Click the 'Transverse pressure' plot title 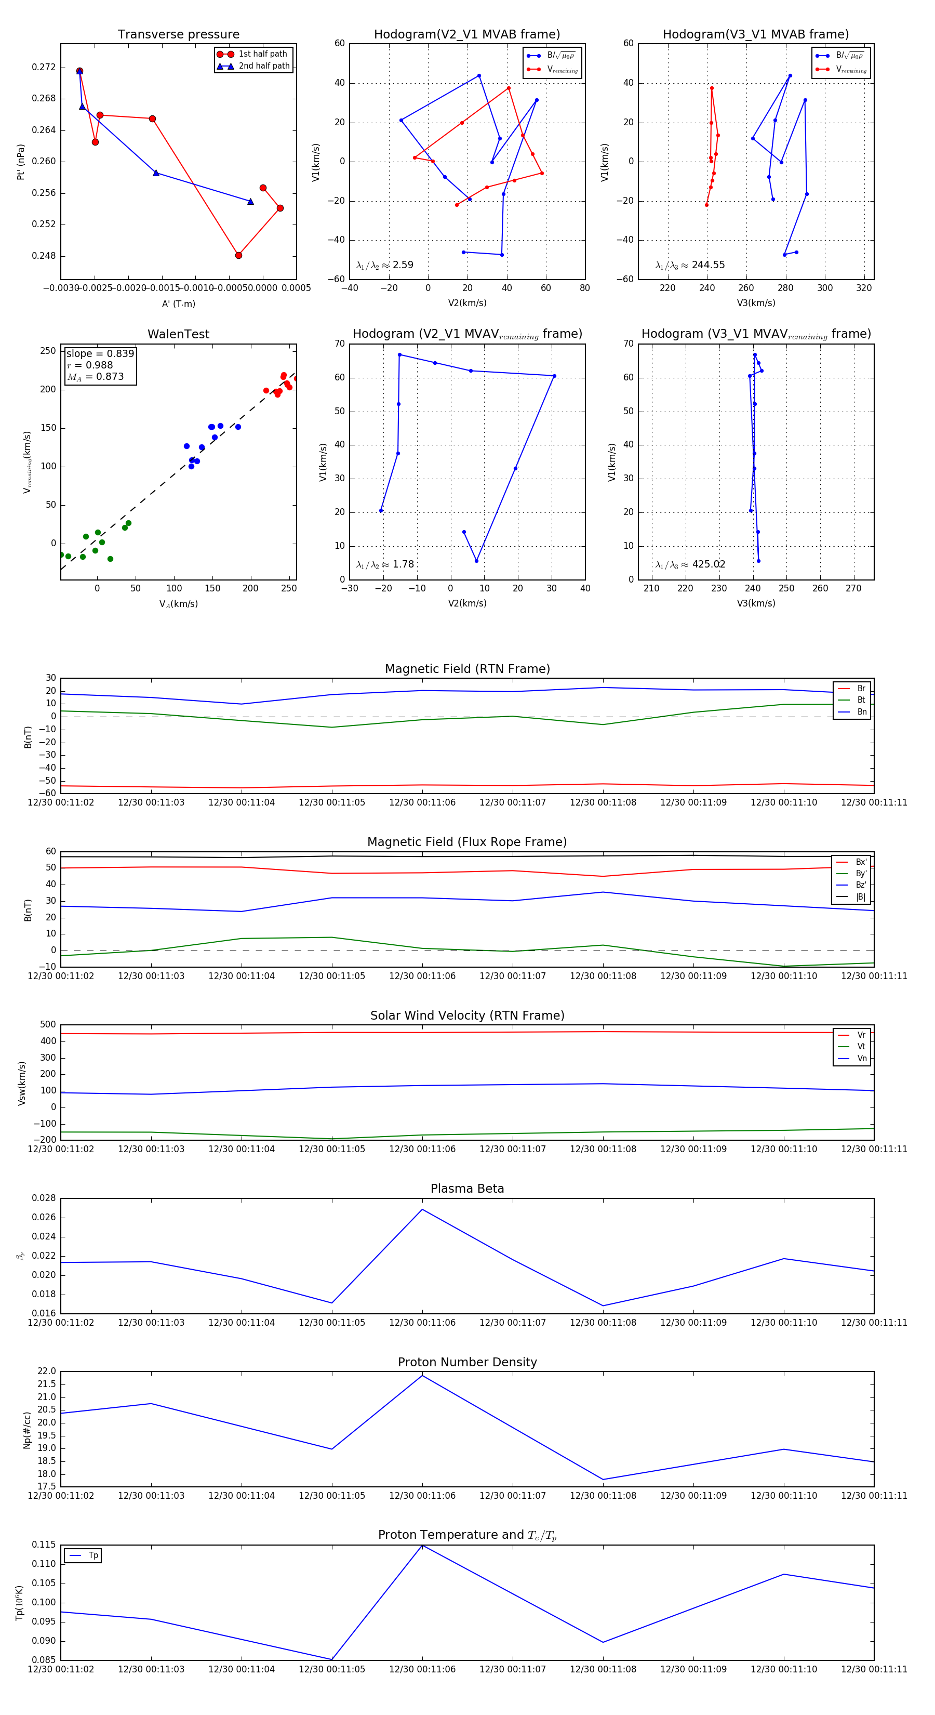pyautogui.click(x=178, y=35)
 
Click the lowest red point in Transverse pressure pyautogui.click(x=238, y=255)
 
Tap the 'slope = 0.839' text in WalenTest pyautogui.click(x=100, y=353)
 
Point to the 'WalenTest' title pyautogui.click(x=178, y=334)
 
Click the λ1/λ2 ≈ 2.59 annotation pyautogui.click(x=384, y=265)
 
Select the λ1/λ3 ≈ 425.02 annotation pyautogui.click(x=690, y=564)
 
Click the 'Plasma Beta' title pyautogui.click(x=467, y=1189)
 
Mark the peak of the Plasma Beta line pyautogui.click(x=422, y=1209)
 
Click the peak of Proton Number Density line pyautogui.click(x=422, y=1376)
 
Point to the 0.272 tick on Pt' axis pyautogui.click(x=44, y=67)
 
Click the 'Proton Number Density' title pyautogui.click(x=467, y=1362)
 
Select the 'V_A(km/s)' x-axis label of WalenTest pyautogui.click(x=178, y=604)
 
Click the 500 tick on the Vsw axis pyautogui.click(x=48, y=1025)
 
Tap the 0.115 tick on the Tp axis pyautogui.click(x=44, y=1545)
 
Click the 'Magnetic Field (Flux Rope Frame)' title pyautogui.click(x=467, y=842)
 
